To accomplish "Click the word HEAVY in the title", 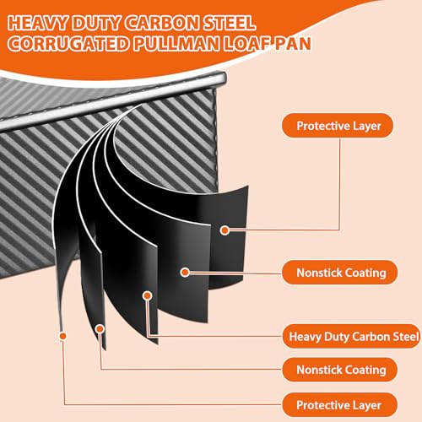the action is (38, 23).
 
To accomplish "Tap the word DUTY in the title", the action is (96, 23).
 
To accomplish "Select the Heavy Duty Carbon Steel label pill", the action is (352, 337).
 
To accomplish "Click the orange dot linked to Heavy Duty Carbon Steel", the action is (147, 295).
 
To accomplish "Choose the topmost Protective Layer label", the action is (338, 126).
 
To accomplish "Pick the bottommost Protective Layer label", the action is (339, 405).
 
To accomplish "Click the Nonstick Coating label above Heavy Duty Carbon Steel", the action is (340, 273).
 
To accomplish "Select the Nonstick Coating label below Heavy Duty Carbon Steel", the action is (340, 370).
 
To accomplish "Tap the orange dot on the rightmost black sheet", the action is (225, 230).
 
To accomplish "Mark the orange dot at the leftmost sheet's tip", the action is (63, 336).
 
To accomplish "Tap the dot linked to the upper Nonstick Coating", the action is (185, 272).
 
